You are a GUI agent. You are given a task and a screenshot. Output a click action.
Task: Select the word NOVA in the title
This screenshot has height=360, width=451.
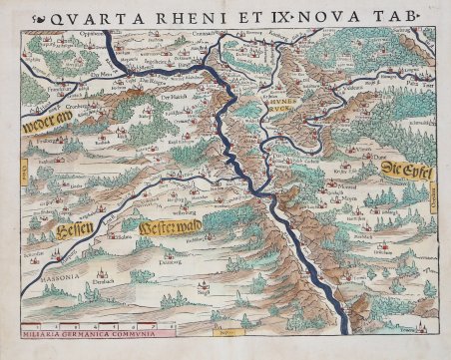point(338,14)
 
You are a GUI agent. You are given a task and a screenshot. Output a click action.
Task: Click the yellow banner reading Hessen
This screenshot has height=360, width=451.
point(67,235)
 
